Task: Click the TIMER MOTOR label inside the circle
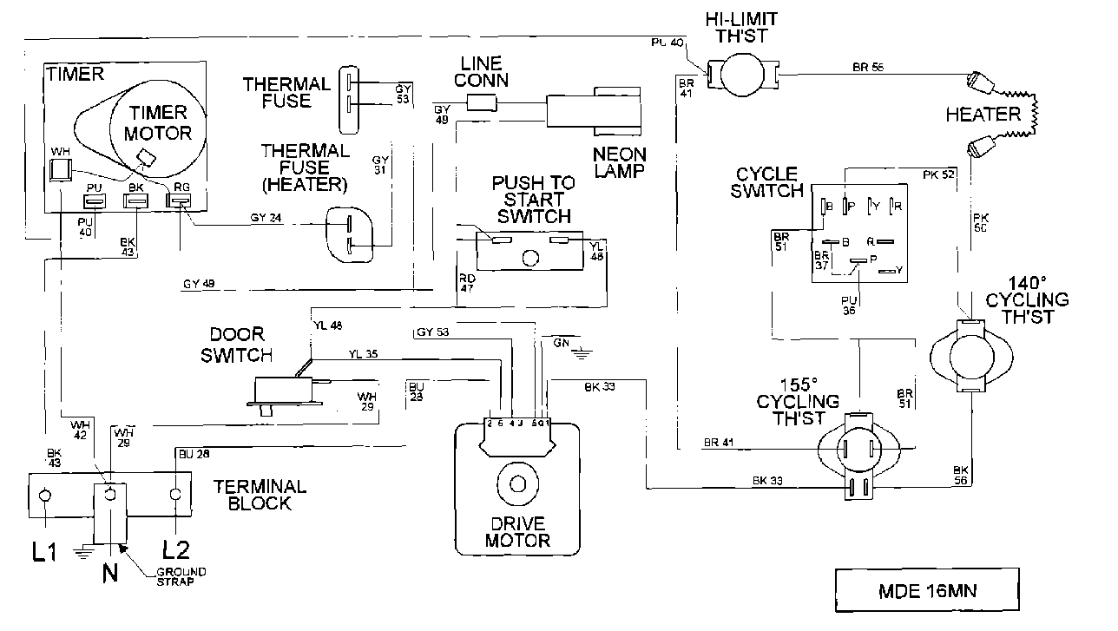(x=157, y=122)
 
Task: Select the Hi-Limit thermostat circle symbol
(x=744, y=74)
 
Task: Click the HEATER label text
(x=983, y=115)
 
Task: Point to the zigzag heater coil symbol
(x=1034, y=112)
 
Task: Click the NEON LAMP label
(x=619, y=162)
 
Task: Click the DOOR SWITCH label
(x=237, y=345)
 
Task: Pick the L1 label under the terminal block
(x=45, y=550)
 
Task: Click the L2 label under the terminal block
(x=178, y=550)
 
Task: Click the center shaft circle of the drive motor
(x=517, y=484)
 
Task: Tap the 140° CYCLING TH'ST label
(x=1027, y=300)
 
